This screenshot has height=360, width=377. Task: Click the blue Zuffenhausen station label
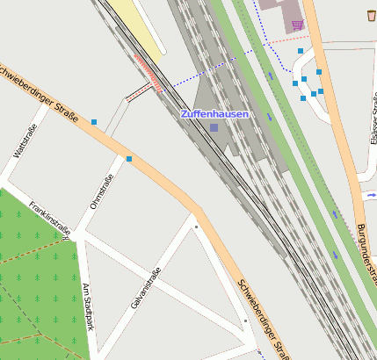(214, 114)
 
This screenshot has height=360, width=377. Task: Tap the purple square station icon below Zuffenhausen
(214, 128)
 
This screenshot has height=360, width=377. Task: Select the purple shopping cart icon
(297, 24)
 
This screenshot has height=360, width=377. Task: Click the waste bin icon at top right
(370, 15)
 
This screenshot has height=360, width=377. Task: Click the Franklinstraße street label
(49, 216)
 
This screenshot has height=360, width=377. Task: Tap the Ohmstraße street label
(102, 193)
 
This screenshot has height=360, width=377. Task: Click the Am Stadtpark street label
(87, 307)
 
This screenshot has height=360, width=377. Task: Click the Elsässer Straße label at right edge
(373, 123)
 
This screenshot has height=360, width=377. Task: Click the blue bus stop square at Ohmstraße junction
(129, 159)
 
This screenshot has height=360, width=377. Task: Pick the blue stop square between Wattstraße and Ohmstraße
(93, 121)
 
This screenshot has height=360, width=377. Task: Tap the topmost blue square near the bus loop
(301, 52)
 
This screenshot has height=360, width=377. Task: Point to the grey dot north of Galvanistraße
(196, 227)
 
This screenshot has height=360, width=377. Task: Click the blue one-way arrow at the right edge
(372, 196)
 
